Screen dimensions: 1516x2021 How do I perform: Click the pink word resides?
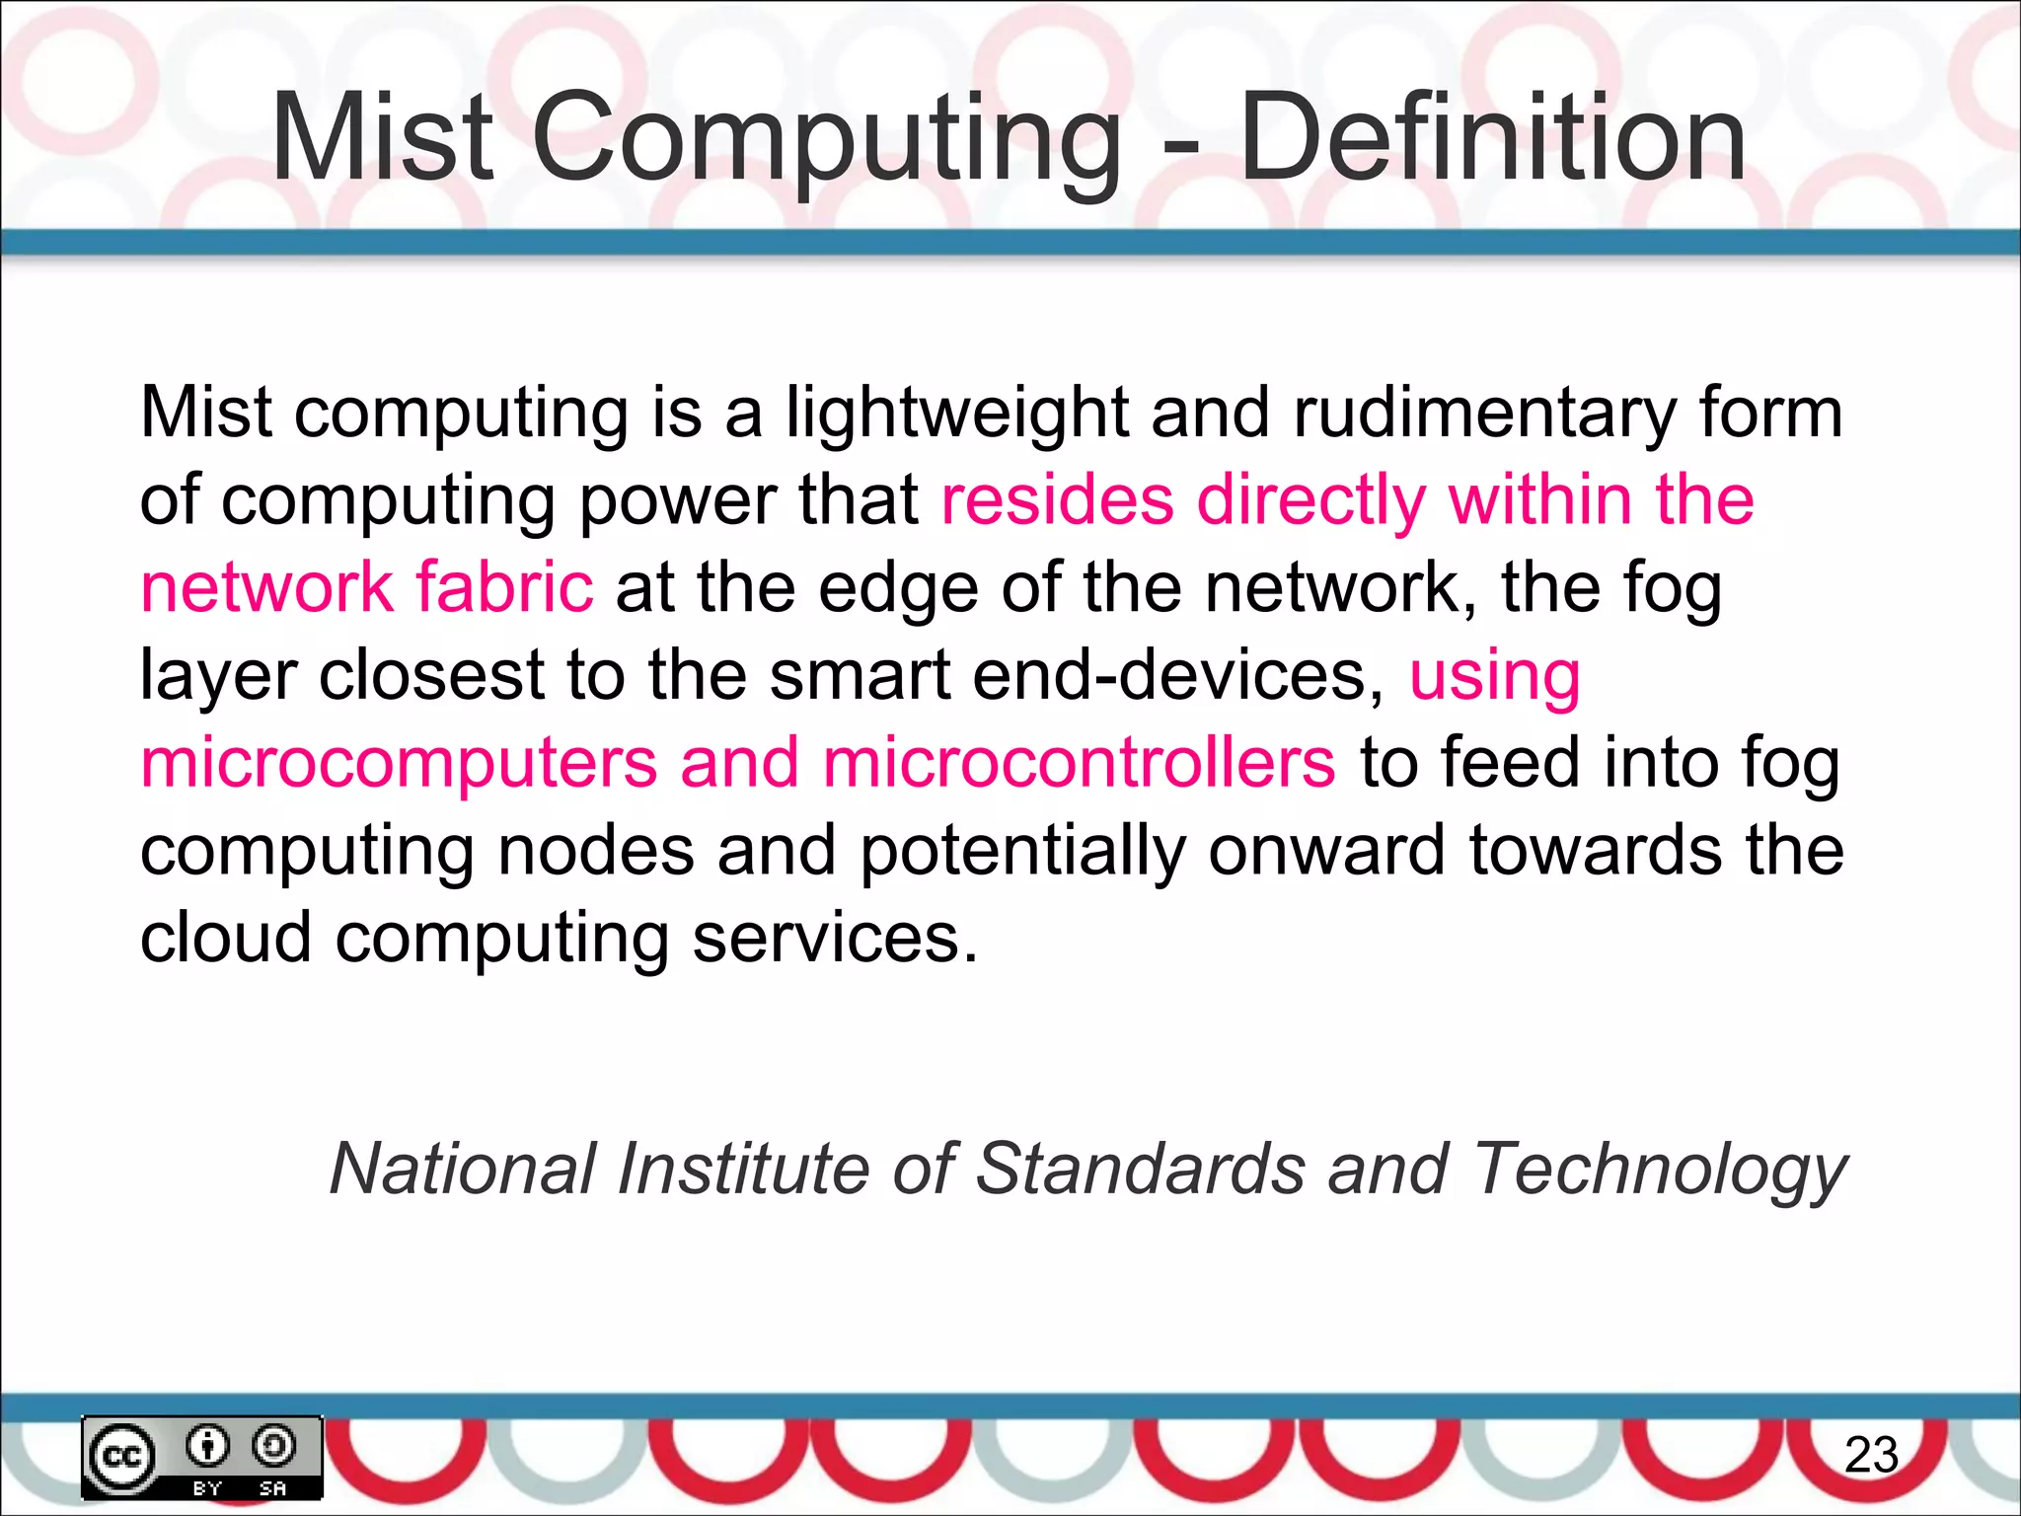(x=1057, y=499)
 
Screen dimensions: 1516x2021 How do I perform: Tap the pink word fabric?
(x=503, y=587)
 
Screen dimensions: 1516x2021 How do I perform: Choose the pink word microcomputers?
(x=399, y=764)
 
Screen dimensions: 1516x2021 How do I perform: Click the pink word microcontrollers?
(x=1079, y=764)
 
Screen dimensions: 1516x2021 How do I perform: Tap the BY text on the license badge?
(x=206, y=1487)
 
